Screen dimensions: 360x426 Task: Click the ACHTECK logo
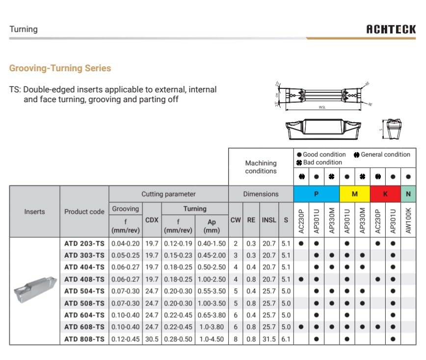point(391,29)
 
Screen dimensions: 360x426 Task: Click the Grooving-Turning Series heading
point(60,68)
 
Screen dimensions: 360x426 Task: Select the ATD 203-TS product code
point(84,244)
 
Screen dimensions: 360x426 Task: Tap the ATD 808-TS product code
point(84,339)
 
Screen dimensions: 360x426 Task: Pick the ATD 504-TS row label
point(84,291)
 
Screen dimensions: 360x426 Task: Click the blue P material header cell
point(316,194)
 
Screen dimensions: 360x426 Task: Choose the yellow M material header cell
point(354,194)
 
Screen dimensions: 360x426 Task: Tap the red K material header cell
point(385,194)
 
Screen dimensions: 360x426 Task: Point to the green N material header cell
point(408,194)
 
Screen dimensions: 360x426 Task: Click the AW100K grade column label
point(408,220)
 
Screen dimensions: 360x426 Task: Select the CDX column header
point(152,220)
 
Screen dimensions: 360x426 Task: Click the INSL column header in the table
point(269,220)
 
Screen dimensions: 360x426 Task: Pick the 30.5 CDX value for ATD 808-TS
point(152,339)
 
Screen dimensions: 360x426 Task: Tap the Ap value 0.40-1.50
point(212,244)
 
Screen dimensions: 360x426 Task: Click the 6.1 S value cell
point(286,339)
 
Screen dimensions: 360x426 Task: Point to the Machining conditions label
point(261,167)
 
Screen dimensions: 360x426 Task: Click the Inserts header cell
point(34,212)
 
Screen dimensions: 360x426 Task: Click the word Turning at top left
point(23,29)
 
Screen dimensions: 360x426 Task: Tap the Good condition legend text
point(324,154)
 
